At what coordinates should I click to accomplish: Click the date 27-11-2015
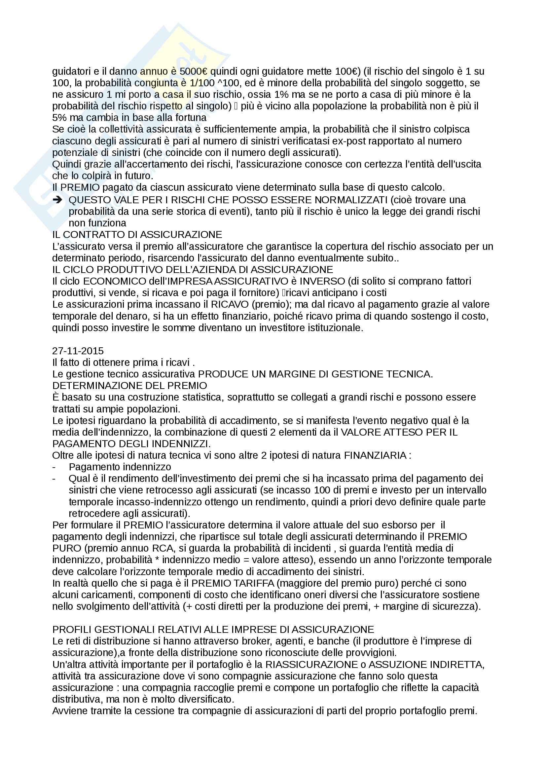[78, 351]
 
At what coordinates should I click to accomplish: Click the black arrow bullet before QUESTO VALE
[57, 200]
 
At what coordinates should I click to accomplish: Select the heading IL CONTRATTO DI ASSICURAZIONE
[137, 235]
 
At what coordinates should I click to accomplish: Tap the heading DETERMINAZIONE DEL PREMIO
[129, 385]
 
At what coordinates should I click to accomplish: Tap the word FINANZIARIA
[375, 455]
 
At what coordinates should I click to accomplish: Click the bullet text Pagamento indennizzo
[120, 467]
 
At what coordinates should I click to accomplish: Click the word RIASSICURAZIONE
[311, 665]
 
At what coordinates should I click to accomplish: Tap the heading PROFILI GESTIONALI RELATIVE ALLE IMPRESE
[213, 630]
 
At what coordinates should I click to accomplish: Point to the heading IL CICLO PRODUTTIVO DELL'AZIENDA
[193, 270]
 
